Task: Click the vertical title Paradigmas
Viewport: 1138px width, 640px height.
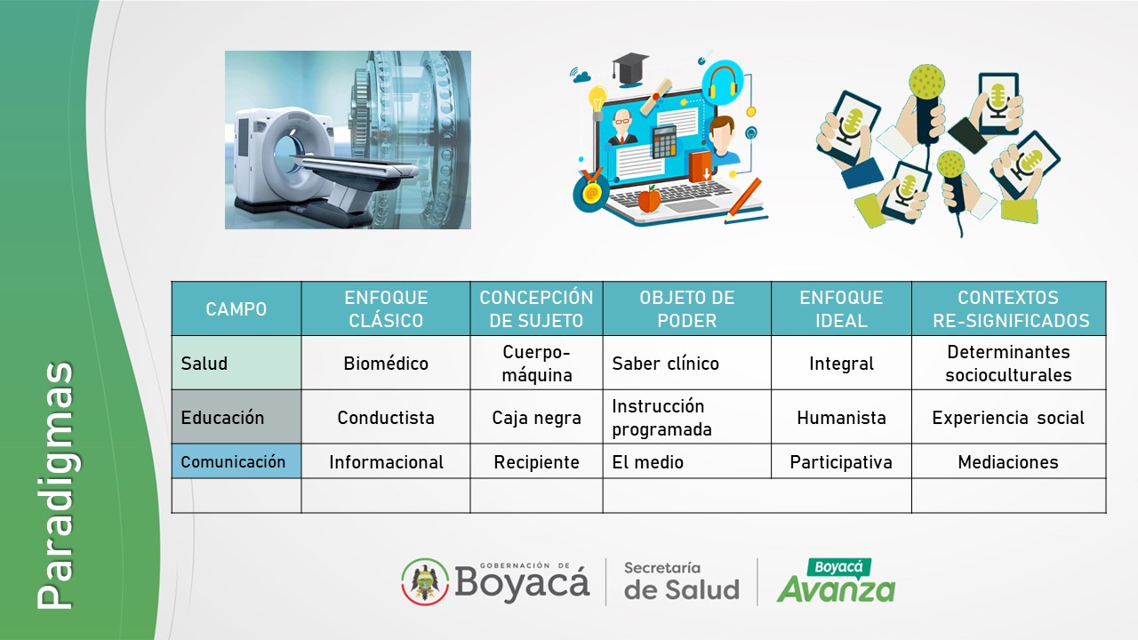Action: [x=56, y=485]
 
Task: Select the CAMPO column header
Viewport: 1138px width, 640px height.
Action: [x=236, y=308]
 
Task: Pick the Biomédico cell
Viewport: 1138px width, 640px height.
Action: [x=386, y=364]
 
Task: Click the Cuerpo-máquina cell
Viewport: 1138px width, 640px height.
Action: [x=536, y=364]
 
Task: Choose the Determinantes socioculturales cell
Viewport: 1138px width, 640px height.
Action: [x=1008, y=364]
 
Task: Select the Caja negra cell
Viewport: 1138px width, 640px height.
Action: [x=536, y=418]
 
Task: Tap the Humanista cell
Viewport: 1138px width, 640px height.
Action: [x=841, y=418]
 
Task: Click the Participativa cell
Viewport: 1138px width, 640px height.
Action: [x=841, y=462]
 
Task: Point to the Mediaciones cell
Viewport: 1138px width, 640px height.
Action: [x=1008, y=461]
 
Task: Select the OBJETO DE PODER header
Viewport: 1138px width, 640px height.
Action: [x=687, y=308]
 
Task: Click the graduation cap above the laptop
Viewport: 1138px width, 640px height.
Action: [x=629, y=68]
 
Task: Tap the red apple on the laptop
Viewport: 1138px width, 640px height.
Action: [x=649, y=199]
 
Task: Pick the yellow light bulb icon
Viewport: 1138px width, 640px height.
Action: [x=597, y=100]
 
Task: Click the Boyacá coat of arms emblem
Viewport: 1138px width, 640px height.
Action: [x=425, y=581]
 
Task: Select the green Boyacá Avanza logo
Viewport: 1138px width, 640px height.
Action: [x=837, y=581]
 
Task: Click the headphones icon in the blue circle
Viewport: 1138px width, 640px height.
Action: [x=723, y=81]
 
